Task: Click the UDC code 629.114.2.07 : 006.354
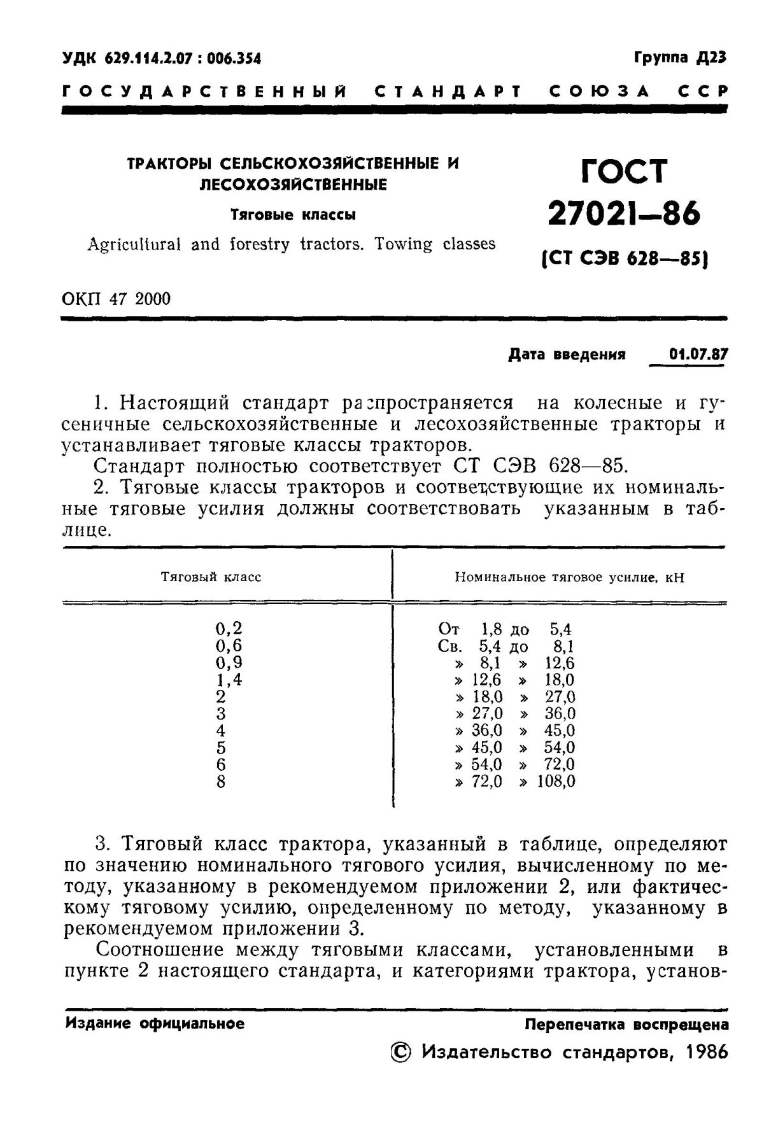click(162, 59)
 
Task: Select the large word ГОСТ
click(623, 172)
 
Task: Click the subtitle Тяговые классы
click(293, 215)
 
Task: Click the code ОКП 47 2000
click(117, 299)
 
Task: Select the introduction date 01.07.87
click(698, 355)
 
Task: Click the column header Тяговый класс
click(211, 577)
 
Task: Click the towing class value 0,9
click(228, 663)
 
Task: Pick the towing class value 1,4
click(228, 680)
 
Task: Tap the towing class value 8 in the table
click(221, 782)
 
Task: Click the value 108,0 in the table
click(556, 782)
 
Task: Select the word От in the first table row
click(449, 629)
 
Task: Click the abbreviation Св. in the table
click(450, 647)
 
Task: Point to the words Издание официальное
click(155, 1023)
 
